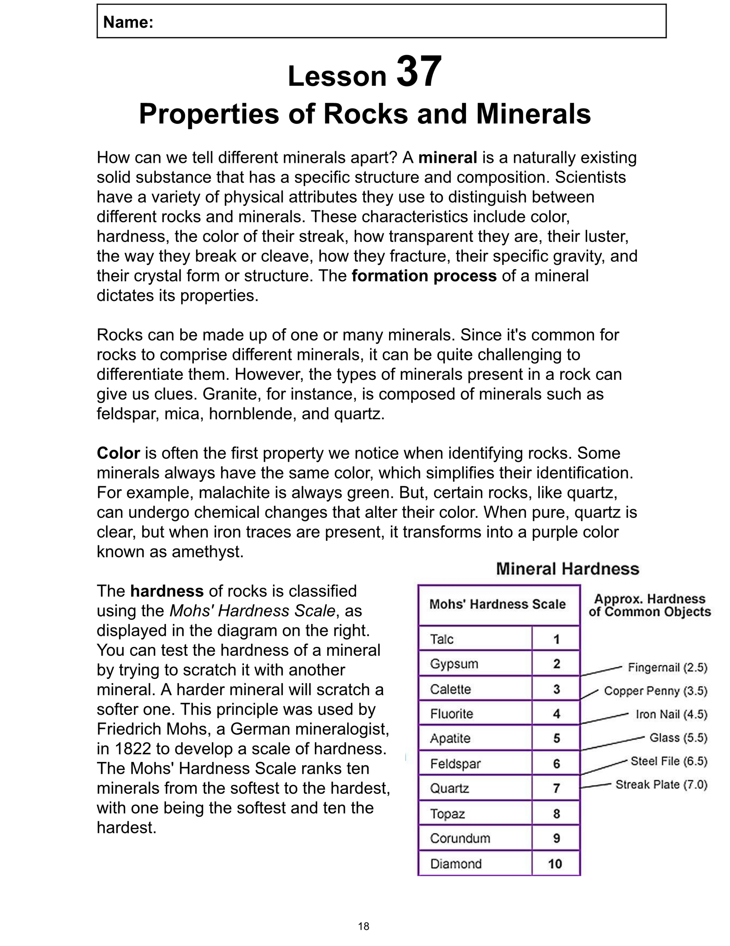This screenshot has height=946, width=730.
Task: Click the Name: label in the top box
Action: click(x=128, y=22)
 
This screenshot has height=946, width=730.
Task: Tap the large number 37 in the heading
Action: click(x=419, y=72)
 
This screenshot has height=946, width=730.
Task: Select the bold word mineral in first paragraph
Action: click(x=447, y=158)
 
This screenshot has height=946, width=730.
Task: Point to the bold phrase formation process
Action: click(x=424, y=276)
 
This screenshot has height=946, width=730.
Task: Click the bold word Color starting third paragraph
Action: click(x=118, y=453)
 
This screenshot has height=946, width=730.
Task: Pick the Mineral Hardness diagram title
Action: click(x=567, y=569)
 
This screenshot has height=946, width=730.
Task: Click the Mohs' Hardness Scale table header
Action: click(x=497, y=604)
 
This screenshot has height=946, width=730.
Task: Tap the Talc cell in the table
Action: click(x=441, y=639)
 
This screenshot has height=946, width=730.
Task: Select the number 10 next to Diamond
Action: click(x=555, y=864)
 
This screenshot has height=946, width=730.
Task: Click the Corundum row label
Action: click(x=459, y=838)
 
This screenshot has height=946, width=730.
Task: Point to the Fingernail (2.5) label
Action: click(x=667, y=667)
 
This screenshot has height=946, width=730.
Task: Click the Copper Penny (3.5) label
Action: click(x=655, y=691)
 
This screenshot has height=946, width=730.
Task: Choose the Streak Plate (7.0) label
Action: click(x=661, y=785)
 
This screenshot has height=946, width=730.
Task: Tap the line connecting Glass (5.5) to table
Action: click(x=612, y=743)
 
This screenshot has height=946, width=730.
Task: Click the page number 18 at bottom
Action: click(x=364, y=926)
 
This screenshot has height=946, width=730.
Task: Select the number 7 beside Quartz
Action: click(x=557, y=788)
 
